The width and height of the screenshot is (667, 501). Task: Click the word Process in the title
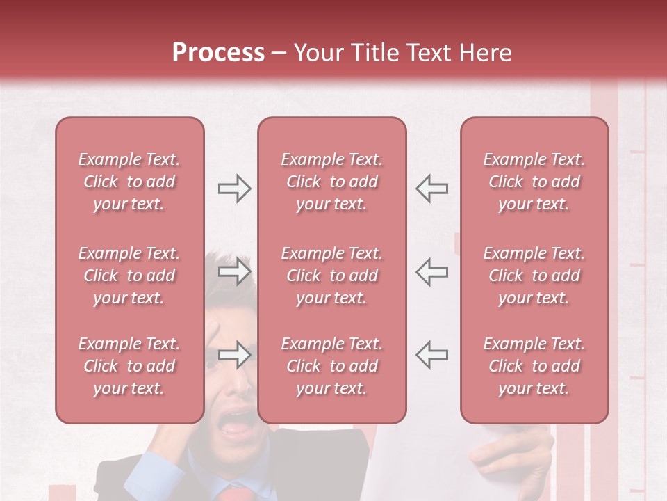pyautogui.click(x=218, y=53)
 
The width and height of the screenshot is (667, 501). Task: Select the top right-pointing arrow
pyautogui.click(x=234, y=188)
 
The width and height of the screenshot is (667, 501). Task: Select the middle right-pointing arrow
pyautogui.click(x=234, y=271)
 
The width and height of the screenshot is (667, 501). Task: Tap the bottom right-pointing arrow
pyautogui.click(x=234, y=355)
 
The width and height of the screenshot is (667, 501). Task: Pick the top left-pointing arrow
pyautogui.click(x=431, y=188)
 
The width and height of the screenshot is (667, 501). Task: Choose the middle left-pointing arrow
pyautogui.click(x=431, y=271)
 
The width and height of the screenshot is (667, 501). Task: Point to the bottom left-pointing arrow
pyautogui.click(x=431, y=355)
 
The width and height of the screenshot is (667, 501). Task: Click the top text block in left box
pyautogui.click(x=129, y=182)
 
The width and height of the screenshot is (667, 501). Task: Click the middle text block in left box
pyautogui.click(x=129, y=276)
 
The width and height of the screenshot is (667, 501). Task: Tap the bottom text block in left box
pyautogui.click(x=129, y=366)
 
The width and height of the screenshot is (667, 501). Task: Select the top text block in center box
pyautogui.click(x=331, y=182)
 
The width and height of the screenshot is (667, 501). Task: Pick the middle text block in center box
pyautogui.click(x=331, y=276)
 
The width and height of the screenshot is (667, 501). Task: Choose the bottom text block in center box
pyautogui.click(x=331, y=366)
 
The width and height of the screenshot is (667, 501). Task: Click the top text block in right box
pyautogui.click(x=534, y=182)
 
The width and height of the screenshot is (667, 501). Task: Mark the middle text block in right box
pyautogui.click(x=534, y=276)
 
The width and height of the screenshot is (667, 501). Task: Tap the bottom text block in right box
pyautogui.click(x=534, y=366)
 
